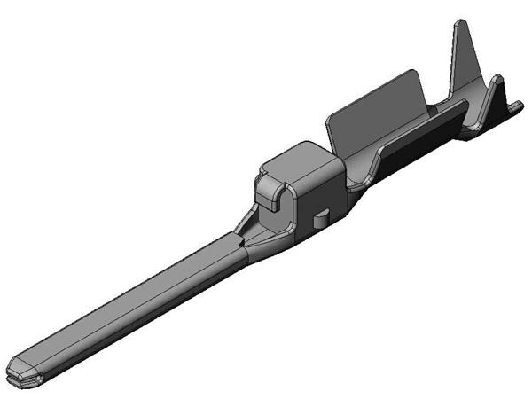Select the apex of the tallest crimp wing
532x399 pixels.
tap(459, 23)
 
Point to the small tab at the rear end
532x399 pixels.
tap(514, 107)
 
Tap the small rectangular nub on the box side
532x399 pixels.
tap(323, 216)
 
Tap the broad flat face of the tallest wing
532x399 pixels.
tap(465, 62)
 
